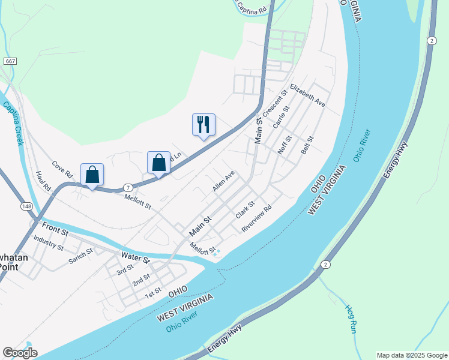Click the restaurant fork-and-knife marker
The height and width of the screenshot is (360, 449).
[x=203, y=125]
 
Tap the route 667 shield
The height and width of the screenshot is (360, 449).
[x=10, y=61]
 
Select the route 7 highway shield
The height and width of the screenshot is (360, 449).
[x=128, y=187]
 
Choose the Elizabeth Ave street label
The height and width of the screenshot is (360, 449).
[x=307, y=95]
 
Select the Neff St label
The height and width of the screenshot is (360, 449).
[x=285, y=145]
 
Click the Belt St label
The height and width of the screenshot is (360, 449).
[x=307, y=145]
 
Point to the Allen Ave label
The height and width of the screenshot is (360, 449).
[x=223, y=181]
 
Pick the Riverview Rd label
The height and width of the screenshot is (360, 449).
[x=257, y=219]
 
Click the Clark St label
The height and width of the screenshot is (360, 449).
[x=246, y=210]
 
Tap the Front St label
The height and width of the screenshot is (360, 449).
[x=55, y=228]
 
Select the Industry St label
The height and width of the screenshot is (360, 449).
[x=49, y=242]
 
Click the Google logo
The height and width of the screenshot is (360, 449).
[x=20, y=353]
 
